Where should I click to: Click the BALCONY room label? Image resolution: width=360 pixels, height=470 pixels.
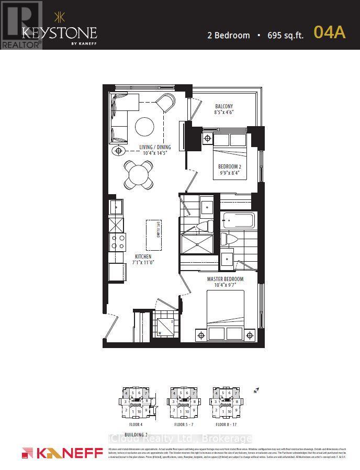(x=223, y=106)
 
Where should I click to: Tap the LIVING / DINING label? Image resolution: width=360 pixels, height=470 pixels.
(x=155, y=147)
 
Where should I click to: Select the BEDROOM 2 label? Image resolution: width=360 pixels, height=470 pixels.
(x=229, y=167)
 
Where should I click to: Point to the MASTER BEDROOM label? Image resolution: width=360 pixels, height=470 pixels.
(x=225, y=279)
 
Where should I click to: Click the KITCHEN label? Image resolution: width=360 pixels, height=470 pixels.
(x=143, y=257)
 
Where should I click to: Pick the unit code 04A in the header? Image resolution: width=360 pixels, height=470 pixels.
(x=329, y=32)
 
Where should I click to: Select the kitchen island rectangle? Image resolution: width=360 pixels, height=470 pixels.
(x=154, y=235)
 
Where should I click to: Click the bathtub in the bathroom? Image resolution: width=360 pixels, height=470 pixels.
(x=238, y=220)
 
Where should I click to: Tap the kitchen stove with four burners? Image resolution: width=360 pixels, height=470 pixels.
(x=116, y=242)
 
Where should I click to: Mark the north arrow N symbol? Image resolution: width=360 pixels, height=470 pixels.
(x=255, y=390)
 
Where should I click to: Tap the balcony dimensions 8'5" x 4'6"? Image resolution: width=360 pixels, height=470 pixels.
(x=223, y=113)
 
